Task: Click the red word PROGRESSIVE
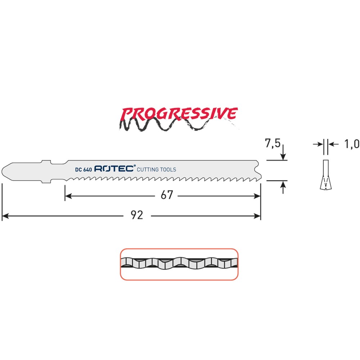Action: tap(179, 113)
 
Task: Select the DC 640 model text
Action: tap(84, 170)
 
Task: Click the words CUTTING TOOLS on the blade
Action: tap(156, 170)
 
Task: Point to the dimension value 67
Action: tap(167, 195)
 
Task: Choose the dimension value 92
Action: tap(137, 215)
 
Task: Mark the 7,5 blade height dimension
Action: tap(273, 143)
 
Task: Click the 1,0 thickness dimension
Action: tap(351, 144)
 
